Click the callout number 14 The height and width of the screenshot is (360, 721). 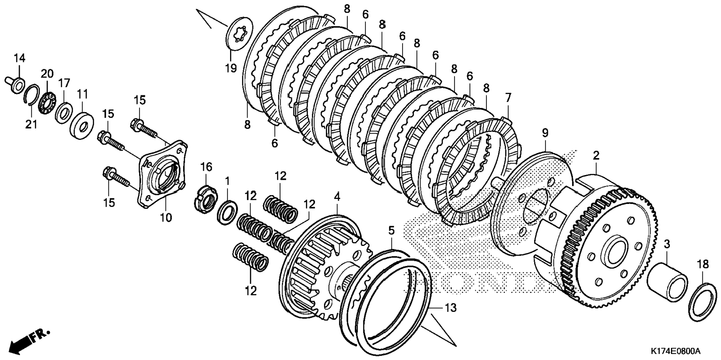(x=19, y=58)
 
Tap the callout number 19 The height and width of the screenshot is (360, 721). (x=231, y=68)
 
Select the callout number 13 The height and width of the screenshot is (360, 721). (x=450, y=308)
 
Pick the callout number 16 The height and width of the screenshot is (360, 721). (x=206, y=167)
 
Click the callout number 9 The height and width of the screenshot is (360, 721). (x=545, y=133)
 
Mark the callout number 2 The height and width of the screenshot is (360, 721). (x=596, y=156)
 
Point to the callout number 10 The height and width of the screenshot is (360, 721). (x=166, y=217)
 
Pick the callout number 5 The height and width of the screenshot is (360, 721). (x=391, y=231)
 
